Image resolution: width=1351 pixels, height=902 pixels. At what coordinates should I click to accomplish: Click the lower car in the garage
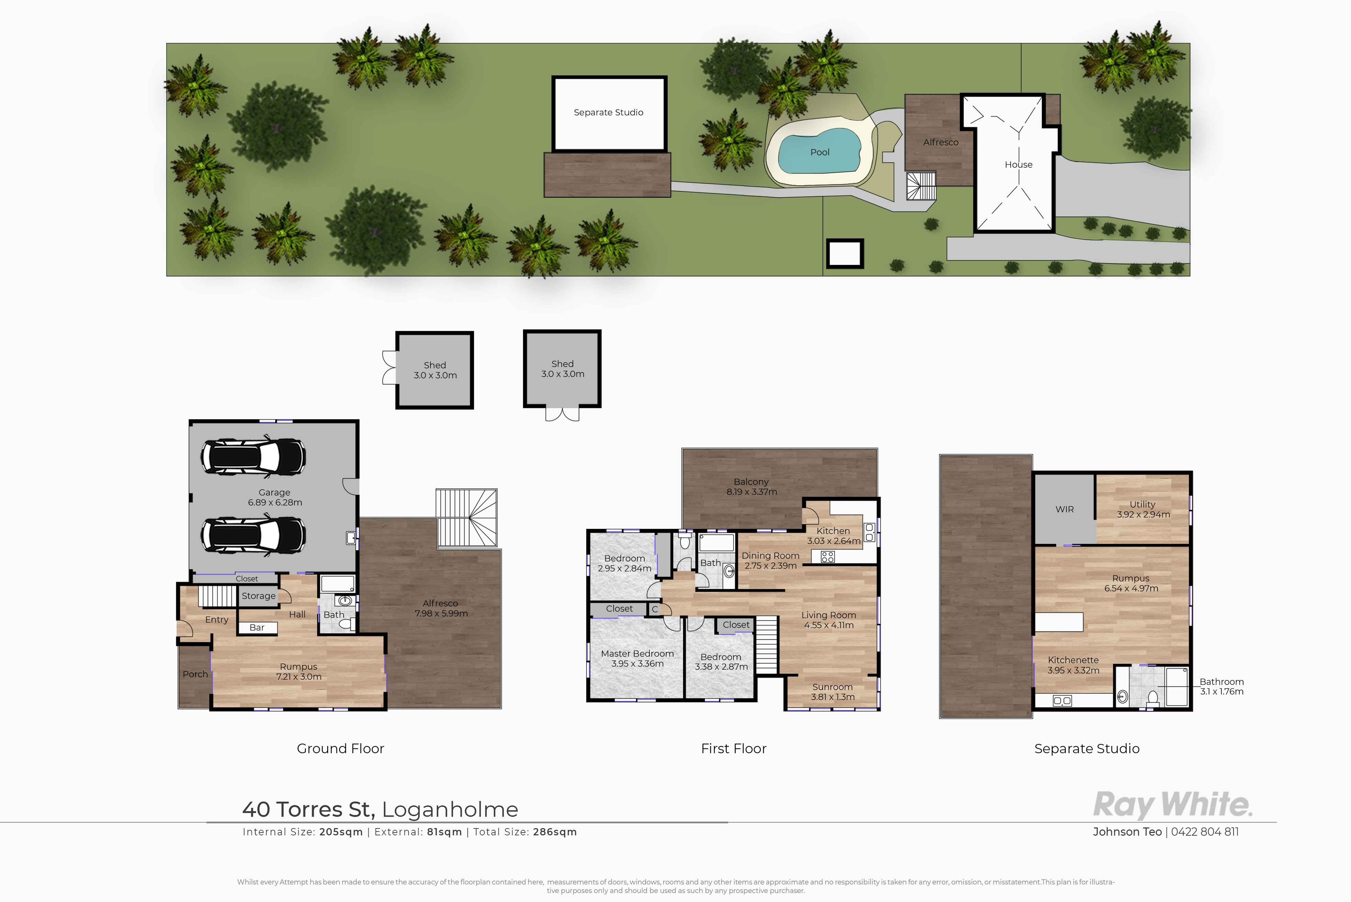(x=253, y=535)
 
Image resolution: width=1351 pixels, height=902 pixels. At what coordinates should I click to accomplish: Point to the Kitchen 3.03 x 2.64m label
(x=833, y=536)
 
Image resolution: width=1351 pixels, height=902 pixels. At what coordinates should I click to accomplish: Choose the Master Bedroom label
(x=637, y=654)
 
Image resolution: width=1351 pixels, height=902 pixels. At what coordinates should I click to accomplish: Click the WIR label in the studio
(x=1064, y=510)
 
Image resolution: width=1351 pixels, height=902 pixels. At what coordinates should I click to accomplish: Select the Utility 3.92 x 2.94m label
(x=1143, y=510)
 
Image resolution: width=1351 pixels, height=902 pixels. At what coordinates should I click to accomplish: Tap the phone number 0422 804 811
(x=1205, y=832)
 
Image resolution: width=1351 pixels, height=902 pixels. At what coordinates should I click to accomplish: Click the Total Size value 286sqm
(x=555, y=832)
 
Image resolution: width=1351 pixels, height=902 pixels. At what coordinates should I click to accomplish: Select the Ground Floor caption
(x=340, y=748)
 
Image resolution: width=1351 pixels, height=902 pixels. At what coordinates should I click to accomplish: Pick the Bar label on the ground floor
(x=257, y=627)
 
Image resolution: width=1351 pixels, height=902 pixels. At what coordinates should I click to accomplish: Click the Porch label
(x=195, y=674)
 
